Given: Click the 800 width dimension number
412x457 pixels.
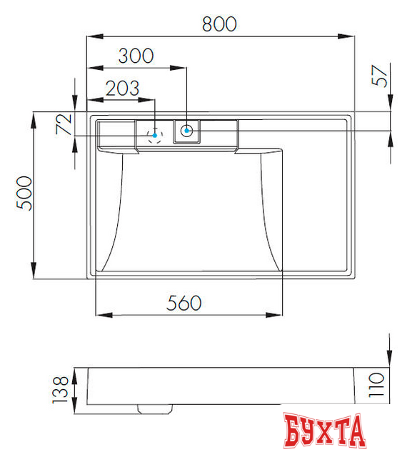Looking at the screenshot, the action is tap(219, 24).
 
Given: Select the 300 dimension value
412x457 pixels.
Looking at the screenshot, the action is tap(136, 56).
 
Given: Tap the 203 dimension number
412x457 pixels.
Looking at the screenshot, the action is tap(122, 88).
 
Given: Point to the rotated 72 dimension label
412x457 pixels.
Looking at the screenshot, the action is tap(64, 124).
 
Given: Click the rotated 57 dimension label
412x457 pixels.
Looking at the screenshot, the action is tap(380, 76).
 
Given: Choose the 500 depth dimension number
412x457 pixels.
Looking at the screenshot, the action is tap(24, 194).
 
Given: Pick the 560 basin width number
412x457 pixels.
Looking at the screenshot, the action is tap(184, 303).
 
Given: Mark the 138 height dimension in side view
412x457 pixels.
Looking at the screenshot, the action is tap(60, 390).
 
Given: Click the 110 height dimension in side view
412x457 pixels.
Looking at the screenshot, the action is tap(376, 385).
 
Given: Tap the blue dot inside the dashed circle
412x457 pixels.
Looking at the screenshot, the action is tap(155, 136).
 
